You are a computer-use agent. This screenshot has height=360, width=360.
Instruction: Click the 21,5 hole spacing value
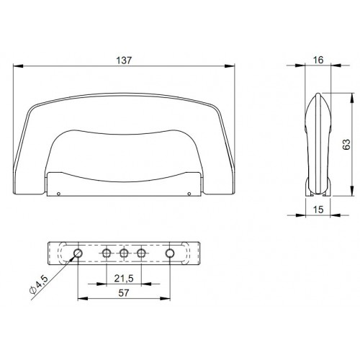(124, 277)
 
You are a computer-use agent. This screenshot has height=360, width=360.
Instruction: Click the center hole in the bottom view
(124, 253)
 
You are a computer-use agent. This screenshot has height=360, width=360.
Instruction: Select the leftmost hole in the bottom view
(77, 253)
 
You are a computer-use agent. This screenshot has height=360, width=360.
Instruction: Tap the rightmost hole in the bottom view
(171, 253)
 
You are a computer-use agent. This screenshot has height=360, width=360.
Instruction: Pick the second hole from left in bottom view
(107, 253)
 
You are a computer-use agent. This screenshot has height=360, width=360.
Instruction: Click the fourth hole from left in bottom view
(142, 253)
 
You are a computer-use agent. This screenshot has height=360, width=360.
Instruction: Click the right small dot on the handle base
(188, 193)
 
